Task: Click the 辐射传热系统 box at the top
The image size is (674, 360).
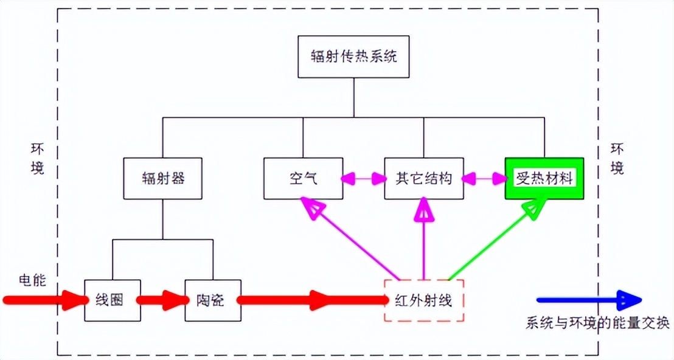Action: coord(353,57)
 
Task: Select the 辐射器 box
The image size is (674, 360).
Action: coord(162,179)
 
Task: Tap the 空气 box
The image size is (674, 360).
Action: coord(303,179)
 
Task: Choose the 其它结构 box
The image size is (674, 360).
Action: coord(423,179)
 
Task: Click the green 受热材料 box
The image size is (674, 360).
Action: coord(544,179)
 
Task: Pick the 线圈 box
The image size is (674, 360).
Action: coord(113,300)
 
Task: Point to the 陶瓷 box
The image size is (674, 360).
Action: coord(213,300)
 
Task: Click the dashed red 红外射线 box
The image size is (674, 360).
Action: coord(423,300)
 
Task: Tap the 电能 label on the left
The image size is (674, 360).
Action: coord(32,280)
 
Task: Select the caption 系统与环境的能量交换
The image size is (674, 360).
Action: coord(597,323)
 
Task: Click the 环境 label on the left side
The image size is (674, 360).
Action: coord(38,160)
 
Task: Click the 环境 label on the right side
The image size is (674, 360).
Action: coord(617,160)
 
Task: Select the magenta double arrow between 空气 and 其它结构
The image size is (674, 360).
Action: coord(364,179)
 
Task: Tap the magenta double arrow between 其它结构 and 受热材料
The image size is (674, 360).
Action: coord(484,179)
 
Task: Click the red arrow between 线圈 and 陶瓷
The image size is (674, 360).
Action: coord(162,300)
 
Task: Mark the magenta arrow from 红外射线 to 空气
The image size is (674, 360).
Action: coord(353,240)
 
